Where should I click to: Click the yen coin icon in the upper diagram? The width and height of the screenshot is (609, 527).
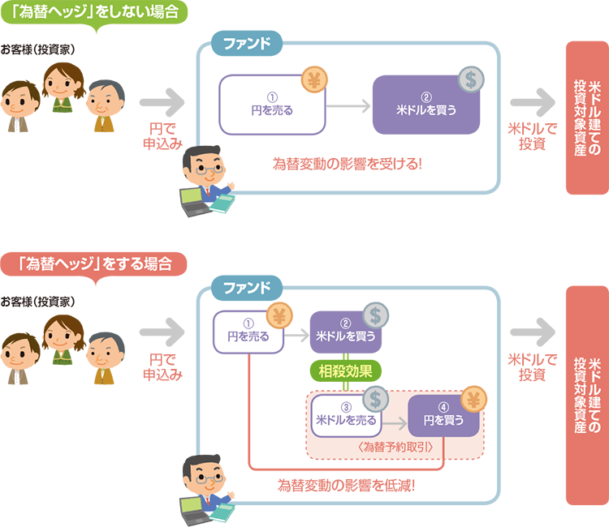[x=313, y=79]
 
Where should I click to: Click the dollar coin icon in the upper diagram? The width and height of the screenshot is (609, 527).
[x=470, y=78]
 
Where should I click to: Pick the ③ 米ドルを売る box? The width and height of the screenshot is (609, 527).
[x=345, y=414]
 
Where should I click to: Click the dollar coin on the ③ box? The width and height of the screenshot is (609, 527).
[x=375, y=397]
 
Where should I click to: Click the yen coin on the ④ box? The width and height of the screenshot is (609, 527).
[x=475, y=398]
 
